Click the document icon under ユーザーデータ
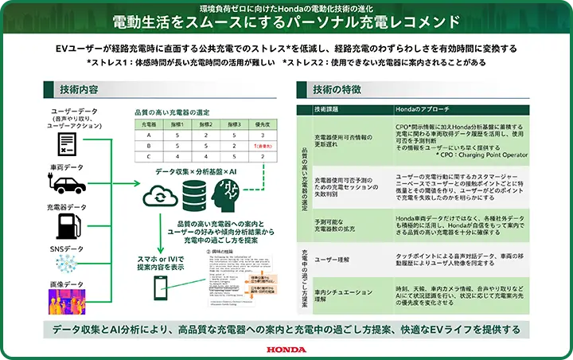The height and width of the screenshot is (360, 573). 68,143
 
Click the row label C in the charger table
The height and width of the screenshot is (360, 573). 149,157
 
